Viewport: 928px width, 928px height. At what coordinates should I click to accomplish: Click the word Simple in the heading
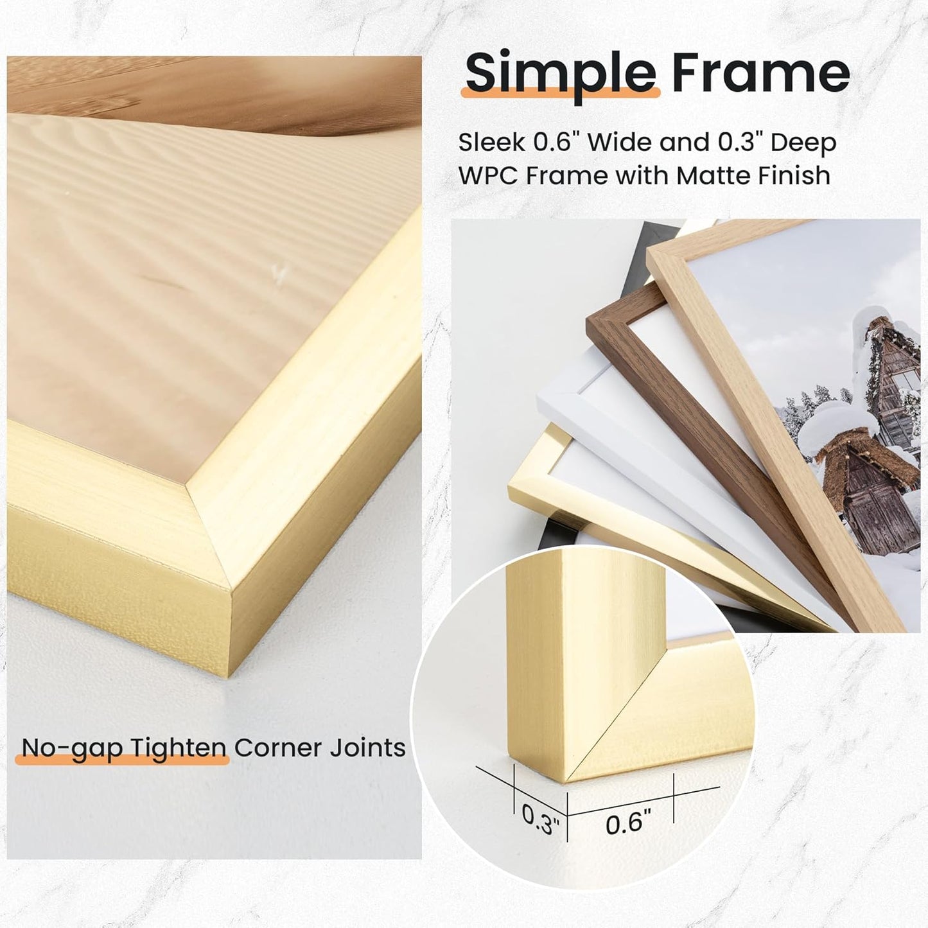tap(559, 73)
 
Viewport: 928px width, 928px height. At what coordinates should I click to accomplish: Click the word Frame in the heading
tap(760, 72)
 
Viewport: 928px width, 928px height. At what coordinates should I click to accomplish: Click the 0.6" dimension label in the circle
tap(628, 822)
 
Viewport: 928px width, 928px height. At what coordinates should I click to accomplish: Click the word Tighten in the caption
tap(179, 748)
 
